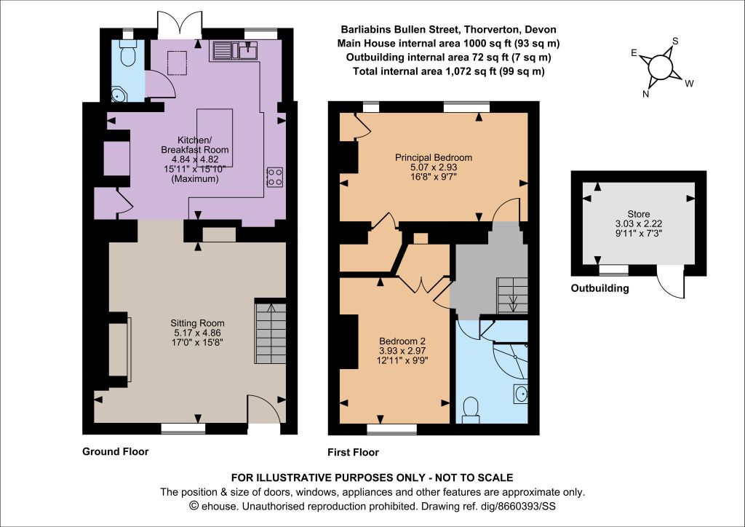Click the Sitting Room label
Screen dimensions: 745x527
[197, 323]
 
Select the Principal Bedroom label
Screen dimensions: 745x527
[434, 157]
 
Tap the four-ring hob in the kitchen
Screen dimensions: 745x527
[275, 177]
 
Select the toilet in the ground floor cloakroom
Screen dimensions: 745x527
[128, 54]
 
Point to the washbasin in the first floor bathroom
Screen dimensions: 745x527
[521, 394]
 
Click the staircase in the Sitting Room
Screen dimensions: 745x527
[271, 333]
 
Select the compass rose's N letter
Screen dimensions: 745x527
[646, 94]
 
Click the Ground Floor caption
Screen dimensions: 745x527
[116, 451]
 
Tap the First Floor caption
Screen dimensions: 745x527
[353, 453]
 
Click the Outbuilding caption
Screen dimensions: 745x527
[599, 288]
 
